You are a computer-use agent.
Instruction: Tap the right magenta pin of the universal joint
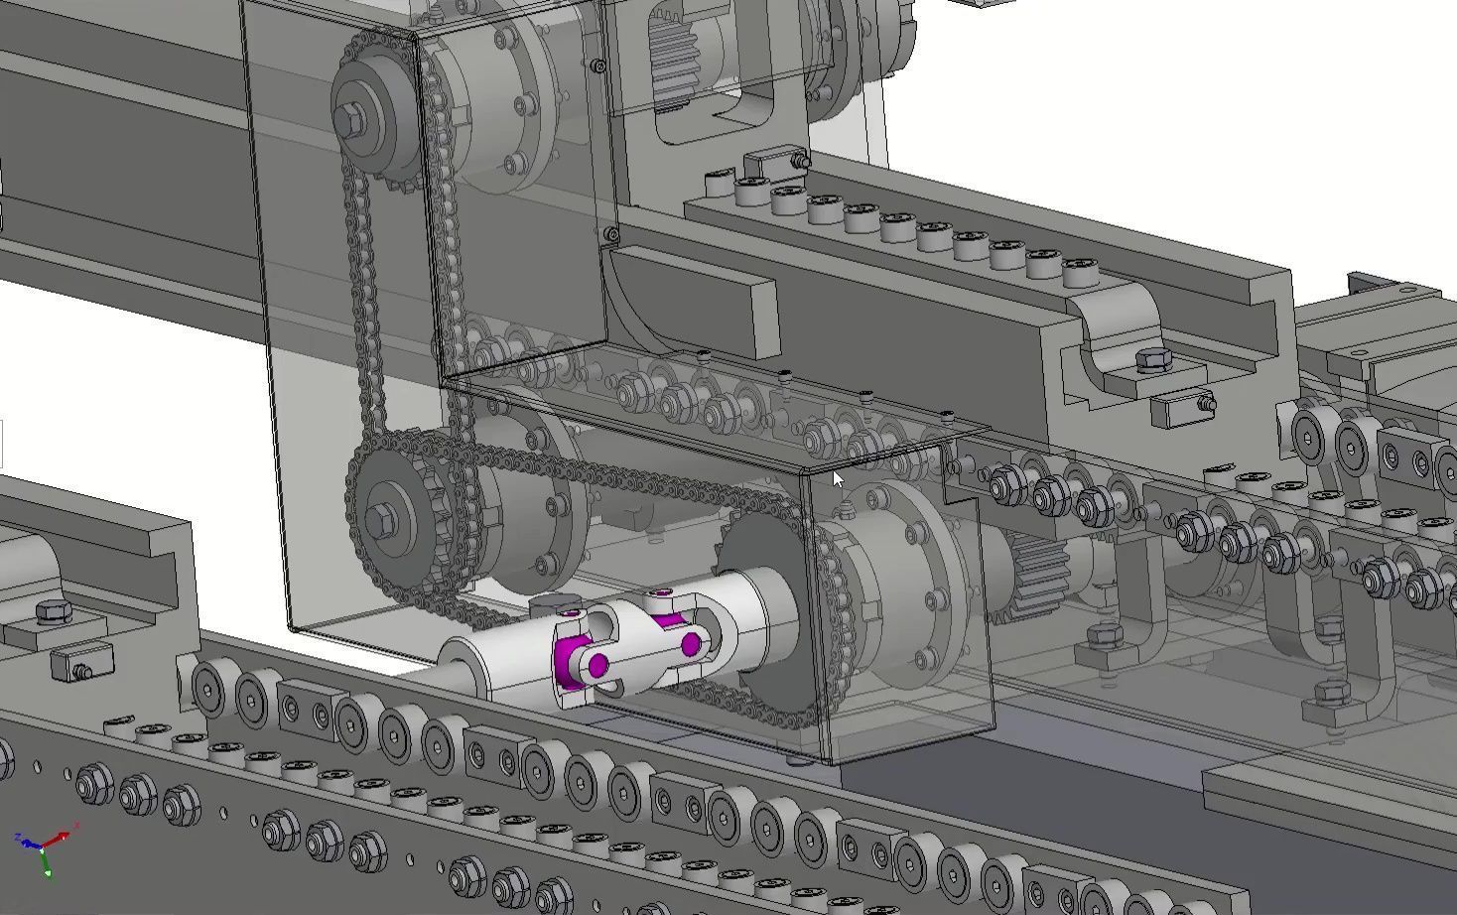(691, 646)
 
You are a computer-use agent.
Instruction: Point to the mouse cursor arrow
(837, 480)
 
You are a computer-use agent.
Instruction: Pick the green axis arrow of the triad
(47, 868)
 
